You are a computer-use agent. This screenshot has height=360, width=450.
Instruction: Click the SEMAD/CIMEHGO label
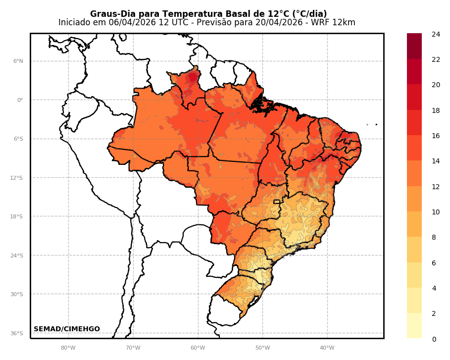pos(67,329)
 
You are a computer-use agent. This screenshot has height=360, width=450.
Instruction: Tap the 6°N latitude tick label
pos(18,61)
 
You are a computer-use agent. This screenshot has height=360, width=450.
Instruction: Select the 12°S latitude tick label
pos(17,178)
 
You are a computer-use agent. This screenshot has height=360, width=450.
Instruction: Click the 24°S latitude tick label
pos(17,256)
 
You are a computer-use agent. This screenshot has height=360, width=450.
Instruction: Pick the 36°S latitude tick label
pos(17,333)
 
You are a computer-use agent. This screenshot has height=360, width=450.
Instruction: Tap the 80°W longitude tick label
pos(68,348)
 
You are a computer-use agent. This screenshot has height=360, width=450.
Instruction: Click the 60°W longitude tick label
pos(198,348)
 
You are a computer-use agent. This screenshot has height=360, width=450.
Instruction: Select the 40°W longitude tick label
pos(327,348)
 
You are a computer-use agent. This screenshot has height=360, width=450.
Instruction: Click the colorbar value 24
pos(436,34)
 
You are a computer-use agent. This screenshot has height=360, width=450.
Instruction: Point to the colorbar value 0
pos(434,339)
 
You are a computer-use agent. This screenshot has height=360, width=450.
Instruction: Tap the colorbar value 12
pos(436,187)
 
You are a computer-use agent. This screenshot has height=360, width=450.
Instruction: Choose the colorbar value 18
pos(436,110)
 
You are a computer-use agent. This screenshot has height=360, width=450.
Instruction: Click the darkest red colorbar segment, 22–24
pos(414,46)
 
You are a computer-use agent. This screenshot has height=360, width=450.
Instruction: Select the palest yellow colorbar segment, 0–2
pos(414,326)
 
